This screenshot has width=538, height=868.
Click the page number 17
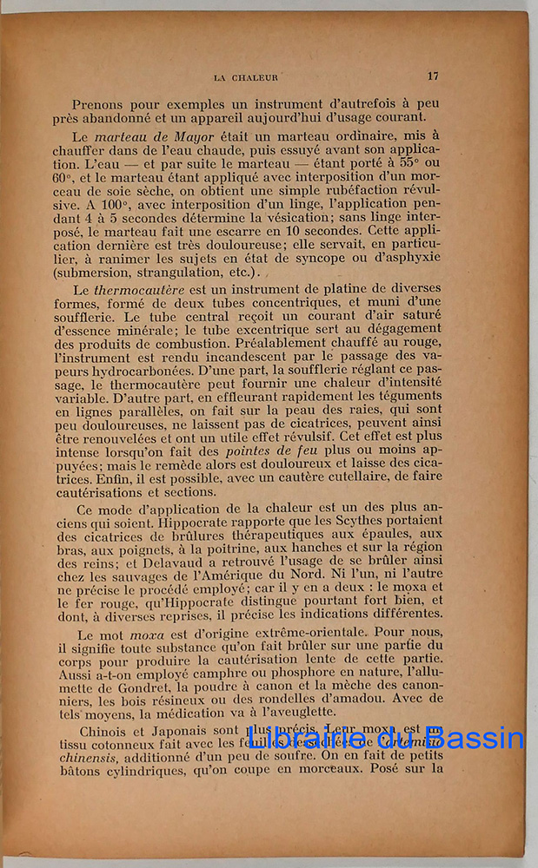pos(433,76)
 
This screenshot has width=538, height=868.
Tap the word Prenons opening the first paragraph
pos(102,102)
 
